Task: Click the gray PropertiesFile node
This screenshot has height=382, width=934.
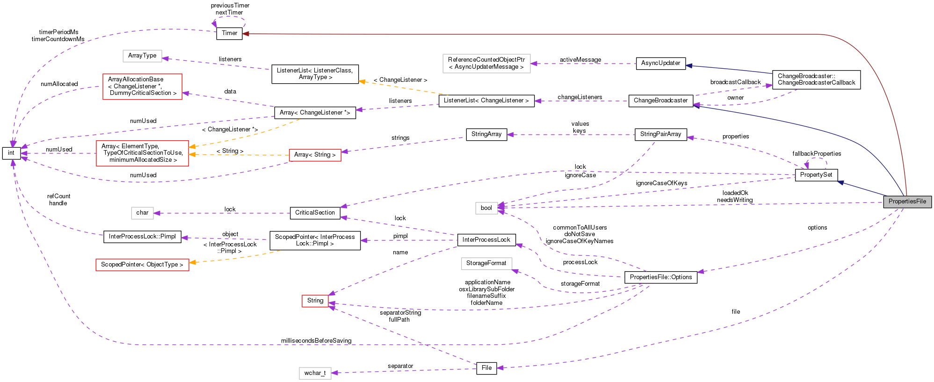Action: tap(907, 202)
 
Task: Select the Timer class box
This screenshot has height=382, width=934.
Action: tap(229, 33)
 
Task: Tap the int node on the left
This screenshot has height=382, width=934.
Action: tap(11, 153)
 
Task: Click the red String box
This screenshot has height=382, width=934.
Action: tap(315, 301)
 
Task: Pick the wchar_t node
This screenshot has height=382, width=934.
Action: tap(315, 373)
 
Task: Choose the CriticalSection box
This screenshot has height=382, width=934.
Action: tap(315, 213)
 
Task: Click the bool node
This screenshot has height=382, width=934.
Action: tap(486, 208)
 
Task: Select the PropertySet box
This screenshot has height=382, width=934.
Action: tap(816, 175)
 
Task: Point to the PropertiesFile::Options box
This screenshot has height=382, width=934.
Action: tap(660, 277)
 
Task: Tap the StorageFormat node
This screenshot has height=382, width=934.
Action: tap(486, 263)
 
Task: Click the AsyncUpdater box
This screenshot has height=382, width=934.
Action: tap(660, 63)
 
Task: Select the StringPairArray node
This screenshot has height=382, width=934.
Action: tap(660, 134)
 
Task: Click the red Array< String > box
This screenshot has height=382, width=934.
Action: tap(315, 155)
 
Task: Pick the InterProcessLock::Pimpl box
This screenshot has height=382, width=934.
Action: tap(142, 237)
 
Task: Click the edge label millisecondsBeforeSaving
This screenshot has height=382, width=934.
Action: tap(316, 340)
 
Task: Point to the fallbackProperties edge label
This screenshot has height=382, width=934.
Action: tap(817, 154)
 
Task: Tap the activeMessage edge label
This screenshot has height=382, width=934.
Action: tap(580, 60)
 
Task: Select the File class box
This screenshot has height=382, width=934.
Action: tap(486, 368)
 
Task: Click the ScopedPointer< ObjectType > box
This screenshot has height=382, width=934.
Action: tap(142, 265)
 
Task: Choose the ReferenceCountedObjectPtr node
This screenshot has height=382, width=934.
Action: tap(486, 63)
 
